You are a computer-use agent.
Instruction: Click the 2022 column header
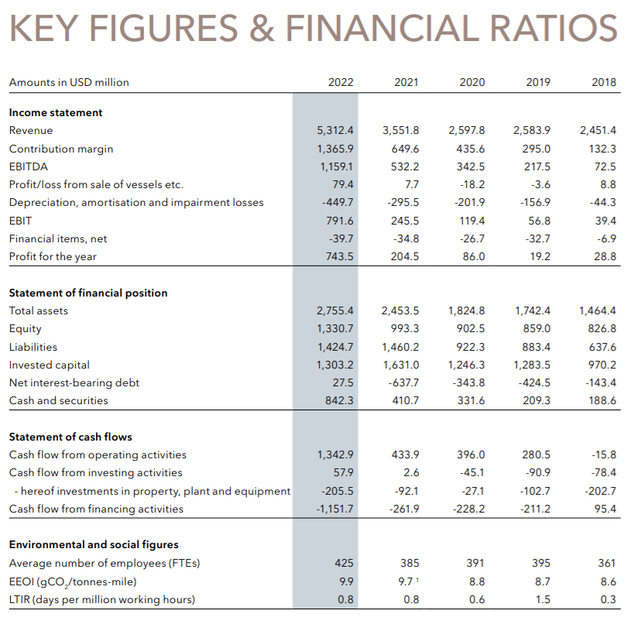click(x=341, y=82)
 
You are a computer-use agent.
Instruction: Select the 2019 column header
click(x=538, y=82)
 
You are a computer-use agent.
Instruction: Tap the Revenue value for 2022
click(x=335, y=130)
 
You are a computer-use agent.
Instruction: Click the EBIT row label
click(x=20, y=221)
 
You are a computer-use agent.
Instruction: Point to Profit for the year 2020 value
click(x=472, y=256)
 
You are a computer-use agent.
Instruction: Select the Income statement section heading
click(x=56, y=112)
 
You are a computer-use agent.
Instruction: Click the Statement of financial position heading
click(x=88, y=293)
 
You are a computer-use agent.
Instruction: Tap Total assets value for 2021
click(x=401, y=310)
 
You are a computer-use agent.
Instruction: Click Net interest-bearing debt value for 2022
click(x=342, y=382)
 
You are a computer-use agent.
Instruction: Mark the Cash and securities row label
click(x=59, y=400)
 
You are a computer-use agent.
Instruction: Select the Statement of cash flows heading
click(x=70, y=437)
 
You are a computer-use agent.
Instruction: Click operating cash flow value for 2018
click(x=604, y=454)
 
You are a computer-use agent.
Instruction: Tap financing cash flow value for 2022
click(x=335, y=509)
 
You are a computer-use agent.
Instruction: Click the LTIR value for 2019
click(x=543, y=598)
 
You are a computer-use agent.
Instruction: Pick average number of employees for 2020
click(x=475, y=563)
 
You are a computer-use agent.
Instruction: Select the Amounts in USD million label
click(x=69, y=82)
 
